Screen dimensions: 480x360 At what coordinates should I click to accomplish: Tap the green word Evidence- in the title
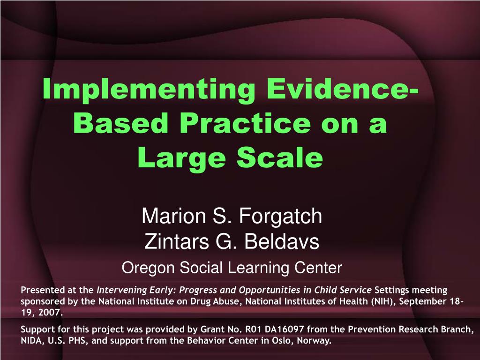pyautogui.click(x=342, y=88)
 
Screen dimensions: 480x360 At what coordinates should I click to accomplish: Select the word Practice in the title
pyautogui.click(x=245, y=123)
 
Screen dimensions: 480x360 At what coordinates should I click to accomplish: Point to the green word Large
pyautogui.click(x=181, y=158)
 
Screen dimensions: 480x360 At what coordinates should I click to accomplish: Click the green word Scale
pyautogui.click(x=280, y=157)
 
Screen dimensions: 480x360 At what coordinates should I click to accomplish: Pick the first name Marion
pyautogui.click(x=173, y=216)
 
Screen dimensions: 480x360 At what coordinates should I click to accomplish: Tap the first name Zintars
pyautogui.click(x=176, y=241)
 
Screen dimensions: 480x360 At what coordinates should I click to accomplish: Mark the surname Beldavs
pyautogui.click(x=282, y=241)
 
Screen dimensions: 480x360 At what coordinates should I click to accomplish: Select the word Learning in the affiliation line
pyautogui.click(x=259, y=268)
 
